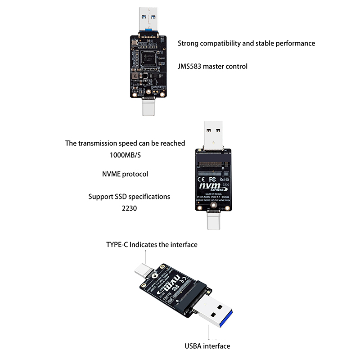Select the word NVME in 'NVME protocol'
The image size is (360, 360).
click(x=112, y=174)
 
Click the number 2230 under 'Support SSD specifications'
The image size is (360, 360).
click(x=129, y=208)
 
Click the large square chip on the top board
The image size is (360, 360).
click(x=148, y=57)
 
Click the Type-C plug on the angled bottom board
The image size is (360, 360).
click(x=144, y=271)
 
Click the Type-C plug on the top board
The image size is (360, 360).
click(x=149, y=107)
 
